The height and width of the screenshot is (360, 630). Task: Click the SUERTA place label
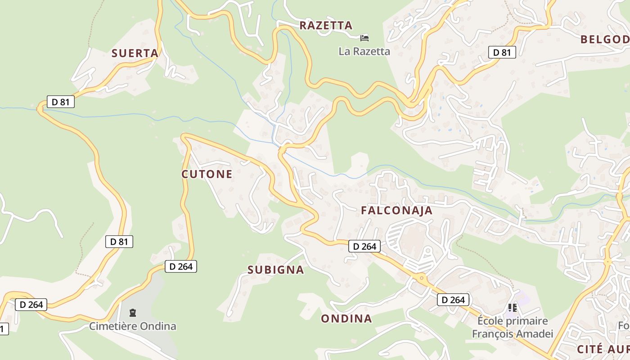(135, 54)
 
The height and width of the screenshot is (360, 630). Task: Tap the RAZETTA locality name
(326, 26)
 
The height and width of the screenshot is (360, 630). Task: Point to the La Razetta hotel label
(364, 51)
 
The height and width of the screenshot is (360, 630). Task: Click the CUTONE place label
(207, 174)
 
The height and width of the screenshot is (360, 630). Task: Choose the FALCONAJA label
(396, 211)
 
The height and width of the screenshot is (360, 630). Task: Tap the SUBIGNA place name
(275, 270)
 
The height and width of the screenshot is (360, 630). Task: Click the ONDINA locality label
(346, 319)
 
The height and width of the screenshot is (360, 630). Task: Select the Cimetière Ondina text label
(132, 326)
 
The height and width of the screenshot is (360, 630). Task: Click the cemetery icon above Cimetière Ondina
(133, 312)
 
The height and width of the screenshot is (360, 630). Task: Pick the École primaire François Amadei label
(512, 327)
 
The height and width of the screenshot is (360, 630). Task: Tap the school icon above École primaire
(512, 308)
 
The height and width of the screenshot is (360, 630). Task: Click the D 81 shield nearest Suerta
(61, 102)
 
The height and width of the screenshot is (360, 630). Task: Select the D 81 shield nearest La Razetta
(502, 52)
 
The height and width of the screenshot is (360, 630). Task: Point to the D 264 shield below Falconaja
(364, 246)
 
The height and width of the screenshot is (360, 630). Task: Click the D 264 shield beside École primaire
(453, 300)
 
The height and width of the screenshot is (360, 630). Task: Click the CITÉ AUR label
(603, 349)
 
